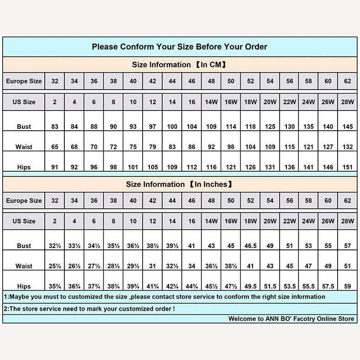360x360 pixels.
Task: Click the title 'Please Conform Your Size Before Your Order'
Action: click(180, 47)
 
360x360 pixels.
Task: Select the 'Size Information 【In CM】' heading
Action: click(180, 65)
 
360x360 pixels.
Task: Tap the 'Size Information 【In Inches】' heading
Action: click(180, 185)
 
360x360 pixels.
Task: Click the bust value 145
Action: click(348, 127)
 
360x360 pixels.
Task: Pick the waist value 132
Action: click(348, 147)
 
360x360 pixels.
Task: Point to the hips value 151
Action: click(348, 167)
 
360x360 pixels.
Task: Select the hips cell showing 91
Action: click(55, 167)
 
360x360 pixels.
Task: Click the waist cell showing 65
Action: click(55, 147)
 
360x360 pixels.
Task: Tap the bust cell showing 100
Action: click(172, 127)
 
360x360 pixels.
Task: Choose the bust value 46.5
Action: click(250, 246)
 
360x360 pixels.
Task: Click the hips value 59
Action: click(348, 286)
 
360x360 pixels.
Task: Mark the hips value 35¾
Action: click(55, 286)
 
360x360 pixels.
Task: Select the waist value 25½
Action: click(55, 266)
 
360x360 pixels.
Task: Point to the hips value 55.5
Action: click(309, 286)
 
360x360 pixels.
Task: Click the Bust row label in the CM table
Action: click(24, 127)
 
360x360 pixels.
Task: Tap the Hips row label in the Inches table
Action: click(24, 286)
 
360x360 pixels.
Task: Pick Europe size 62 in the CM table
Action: click(348, 81)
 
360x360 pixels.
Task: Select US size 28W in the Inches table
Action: click(348, 221)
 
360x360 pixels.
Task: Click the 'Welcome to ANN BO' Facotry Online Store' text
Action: click(291, 319)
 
